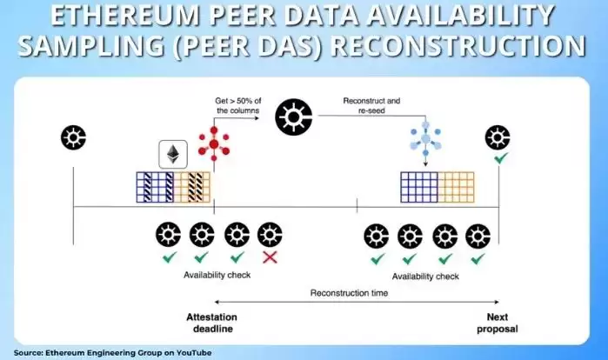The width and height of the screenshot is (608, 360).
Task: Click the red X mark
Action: [271, 258]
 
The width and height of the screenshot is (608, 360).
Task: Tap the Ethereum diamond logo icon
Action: [172, 154]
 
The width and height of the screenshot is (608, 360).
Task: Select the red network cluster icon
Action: [210, 143]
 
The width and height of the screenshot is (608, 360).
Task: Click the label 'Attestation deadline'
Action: [211, 322]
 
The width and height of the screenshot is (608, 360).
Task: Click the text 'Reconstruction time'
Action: [349, 293]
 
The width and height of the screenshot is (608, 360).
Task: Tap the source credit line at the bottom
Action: [112, 352]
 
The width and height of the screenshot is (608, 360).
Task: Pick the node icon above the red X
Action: [271, 234]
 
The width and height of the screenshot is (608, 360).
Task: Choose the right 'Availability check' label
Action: [425, 276]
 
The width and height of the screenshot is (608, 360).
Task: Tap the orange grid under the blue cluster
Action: [455, 184]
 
